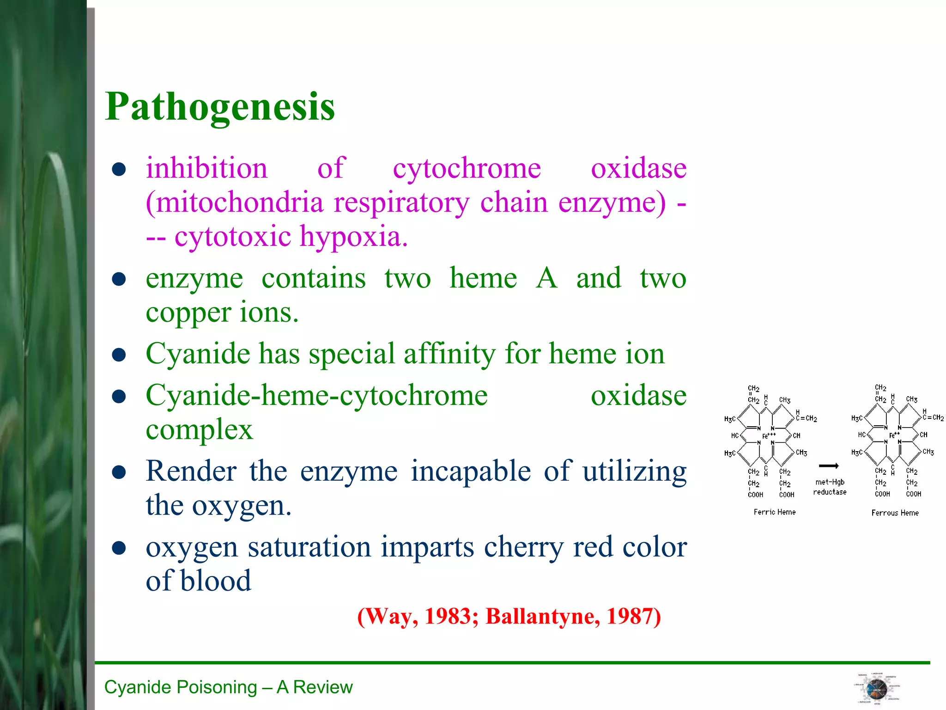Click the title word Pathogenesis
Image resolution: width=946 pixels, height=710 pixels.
pyautogui.click(x=220, y=107)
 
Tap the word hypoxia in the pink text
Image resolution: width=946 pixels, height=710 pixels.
pyautogui.click(x=354, y=237)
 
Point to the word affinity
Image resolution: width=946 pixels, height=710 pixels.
pyautogui.click(x=450, y=354)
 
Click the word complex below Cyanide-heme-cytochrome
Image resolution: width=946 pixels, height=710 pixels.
pyautogui.click(x=199, y=430)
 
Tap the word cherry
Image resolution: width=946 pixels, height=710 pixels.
pyautogui.click(x=524, y=547)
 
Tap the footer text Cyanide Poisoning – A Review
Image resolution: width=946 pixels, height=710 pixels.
pyautogui.click(x=228, y=687)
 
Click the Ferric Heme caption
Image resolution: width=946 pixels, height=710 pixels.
pyautogui.click(x=775, y=512)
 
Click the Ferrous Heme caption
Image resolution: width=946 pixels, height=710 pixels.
pyautogui.click(x=895, y=513)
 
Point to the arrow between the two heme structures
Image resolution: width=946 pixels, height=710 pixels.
pyautogui.click(x=829, y=465)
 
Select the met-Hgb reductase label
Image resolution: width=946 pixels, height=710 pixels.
pyautogui.click(x=830, y=487)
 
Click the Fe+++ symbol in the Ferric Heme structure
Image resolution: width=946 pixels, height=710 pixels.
pyautogui.click(x=769, y=435)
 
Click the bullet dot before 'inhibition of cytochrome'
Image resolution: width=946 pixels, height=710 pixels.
pyautogui.click(x=119, y=169)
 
